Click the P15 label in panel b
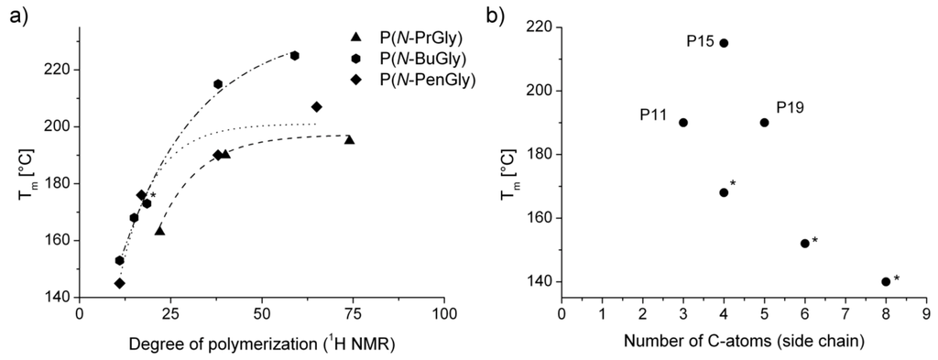tap(700, 41)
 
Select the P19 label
tap(791, 107)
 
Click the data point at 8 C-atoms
tap(886, 282)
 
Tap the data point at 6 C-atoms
tap(804, 244)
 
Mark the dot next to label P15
tap(724, 43)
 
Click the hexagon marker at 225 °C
tap(294, 56)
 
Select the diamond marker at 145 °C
tap(120, 283)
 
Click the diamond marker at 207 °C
tap(316, 107)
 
